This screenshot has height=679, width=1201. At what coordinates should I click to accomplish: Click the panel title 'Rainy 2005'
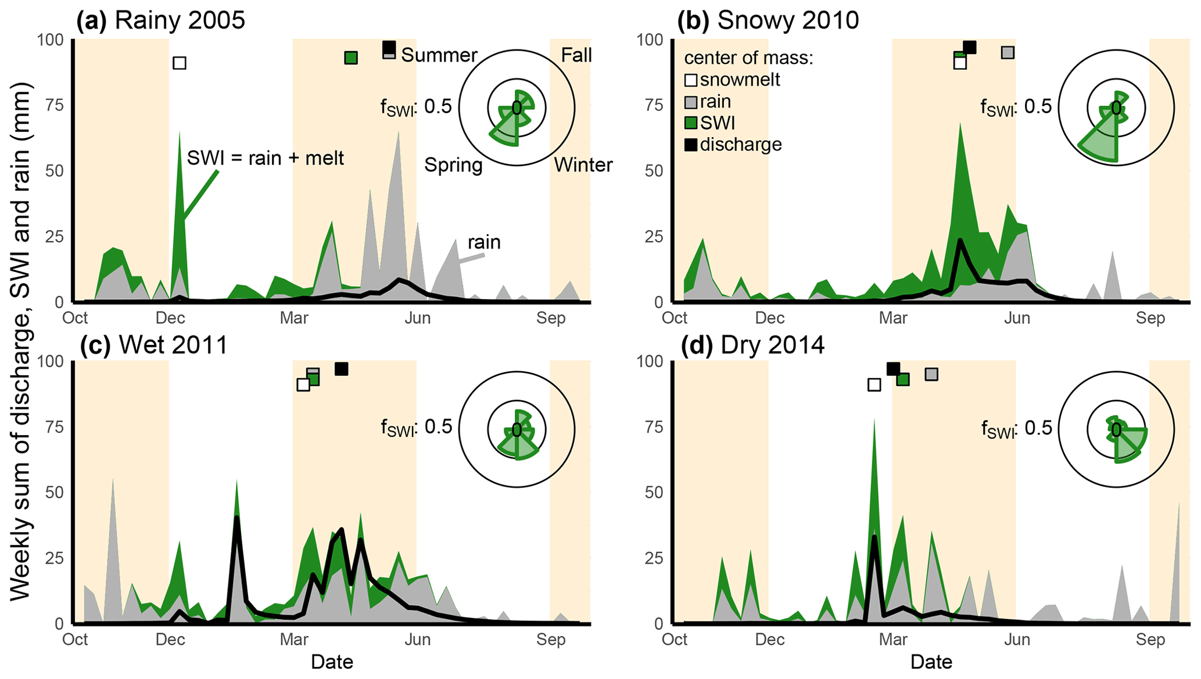180,20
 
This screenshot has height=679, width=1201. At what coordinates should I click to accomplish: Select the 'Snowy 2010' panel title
788,20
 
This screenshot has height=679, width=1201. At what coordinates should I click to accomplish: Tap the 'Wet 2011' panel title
173,345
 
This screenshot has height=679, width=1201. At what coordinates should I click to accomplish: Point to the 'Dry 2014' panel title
772,345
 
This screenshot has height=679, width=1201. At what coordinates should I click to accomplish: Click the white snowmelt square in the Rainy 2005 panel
180,63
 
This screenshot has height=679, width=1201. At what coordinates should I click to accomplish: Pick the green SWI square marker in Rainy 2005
351,58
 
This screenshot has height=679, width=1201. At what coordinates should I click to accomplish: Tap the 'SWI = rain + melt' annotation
266,158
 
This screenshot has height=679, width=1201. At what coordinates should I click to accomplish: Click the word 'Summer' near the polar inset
439,55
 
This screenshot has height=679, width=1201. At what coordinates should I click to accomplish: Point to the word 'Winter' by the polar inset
583,165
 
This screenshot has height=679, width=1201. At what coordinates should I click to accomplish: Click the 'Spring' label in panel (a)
453,165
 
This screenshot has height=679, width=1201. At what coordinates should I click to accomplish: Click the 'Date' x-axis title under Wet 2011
332,662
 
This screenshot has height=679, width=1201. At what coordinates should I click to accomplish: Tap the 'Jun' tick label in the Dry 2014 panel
1017,640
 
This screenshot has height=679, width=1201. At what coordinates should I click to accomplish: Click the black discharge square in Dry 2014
893,369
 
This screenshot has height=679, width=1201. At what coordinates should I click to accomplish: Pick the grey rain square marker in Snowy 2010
1008,52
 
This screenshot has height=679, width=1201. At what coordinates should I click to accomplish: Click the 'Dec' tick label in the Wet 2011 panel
170,640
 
